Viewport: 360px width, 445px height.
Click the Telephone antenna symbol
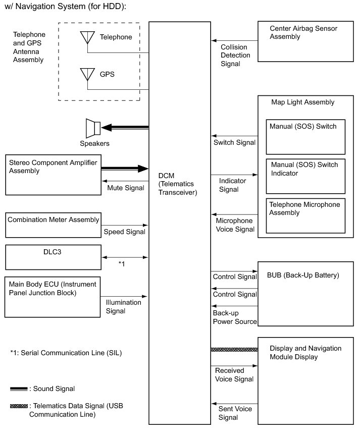point(87,38)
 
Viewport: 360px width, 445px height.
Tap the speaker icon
point(93,128)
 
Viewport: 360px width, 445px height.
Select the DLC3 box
point(53,257)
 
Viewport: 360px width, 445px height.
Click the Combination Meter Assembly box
point(53,225)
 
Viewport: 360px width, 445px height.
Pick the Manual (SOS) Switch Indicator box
point(305,176)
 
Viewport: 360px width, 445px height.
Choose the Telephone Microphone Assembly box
point(305,216)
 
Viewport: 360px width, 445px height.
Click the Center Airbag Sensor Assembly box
point(305,41)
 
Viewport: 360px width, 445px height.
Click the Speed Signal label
point(124,232)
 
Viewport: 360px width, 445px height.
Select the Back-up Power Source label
point(235,317)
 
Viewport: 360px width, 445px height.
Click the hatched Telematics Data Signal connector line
point(234,349)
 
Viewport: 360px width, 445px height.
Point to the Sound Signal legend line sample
point(19,389)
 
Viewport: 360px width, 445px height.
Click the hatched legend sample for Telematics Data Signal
point(19,406)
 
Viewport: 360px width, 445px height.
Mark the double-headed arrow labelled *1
point(125,257)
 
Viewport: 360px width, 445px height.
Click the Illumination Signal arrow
point(125,296)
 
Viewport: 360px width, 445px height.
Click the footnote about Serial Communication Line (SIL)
point(66,353)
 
